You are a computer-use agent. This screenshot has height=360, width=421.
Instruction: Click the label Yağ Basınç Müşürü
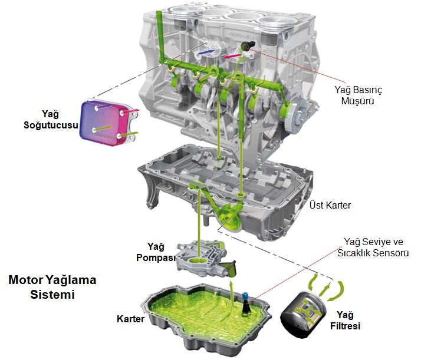point(358,95)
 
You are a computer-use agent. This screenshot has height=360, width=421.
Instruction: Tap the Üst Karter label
point(330,205)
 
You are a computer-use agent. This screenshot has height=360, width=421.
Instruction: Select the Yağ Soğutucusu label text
point(51,120)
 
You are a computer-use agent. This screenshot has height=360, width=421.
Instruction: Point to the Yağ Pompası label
point(156,252)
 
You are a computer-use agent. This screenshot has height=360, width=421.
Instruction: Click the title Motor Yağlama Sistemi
point(52,287)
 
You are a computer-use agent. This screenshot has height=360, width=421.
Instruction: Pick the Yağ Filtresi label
point(346,321)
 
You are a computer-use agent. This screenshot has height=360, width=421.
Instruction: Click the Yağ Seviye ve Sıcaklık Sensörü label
point(373,247)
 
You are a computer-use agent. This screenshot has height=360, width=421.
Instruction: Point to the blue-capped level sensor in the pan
point(246,304)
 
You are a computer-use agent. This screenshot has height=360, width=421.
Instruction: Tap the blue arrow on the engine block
point(207,52)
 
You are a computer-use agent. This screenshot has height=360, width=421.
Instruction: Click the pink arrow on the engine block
point(232,57)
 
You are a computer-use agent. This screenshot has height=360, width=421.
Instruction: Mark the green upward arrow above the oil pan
point(231,293)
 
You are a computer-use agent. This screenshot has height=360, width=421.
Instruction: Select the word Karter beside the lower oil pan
point(130,319)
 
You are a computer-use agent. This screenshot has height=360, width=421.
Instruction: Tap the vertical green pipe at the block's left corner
point(160,36)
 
